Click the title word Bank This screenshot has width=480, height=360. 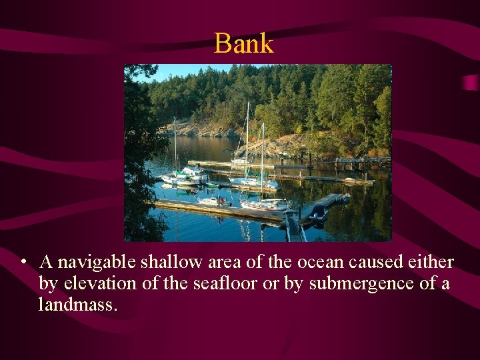(243, 44)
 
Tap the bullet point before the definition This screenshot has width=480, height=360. (23, 262)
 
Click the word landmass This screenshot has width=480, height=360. (78, 305)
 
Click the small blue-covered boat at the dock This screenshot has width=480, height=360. (319, 213)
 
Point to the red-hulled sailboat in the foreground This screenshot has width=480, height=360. (265, 205)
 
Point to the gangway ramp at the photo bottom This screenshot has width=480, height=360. (293, 227)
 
